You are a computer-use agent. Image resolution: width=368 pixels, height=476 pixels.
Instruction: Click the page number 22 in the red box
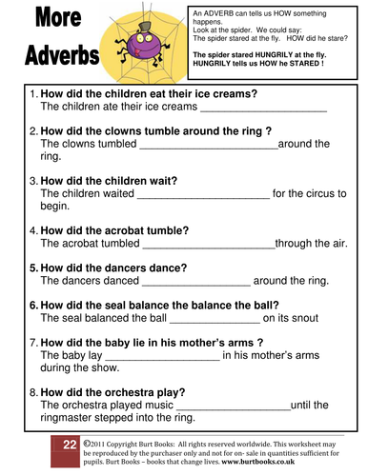coord(69,445)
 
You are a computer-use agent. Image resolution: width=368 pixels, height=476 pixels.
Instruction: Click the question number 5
coord(34,268)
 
